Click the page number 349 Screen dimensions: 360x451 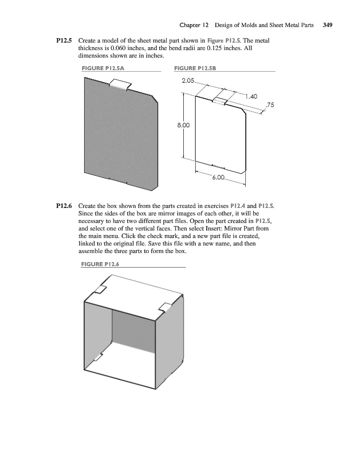[327, 25]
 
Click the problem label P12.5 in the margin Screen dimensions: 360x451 [64, 41]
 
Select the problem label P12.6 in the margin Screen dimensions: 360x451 [64, 206]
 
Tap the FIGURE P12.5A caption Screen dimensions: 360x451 [103, 68]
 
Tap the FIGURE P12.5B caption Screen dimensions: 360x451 [195, 68]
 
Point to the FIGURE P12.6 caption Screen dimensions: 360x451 [100, 264]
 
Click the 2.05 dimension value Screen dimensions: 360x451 [188, 81]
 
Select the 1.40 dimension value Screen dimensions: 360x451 [251, 97]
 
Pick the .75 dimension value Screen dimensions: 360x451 [270, 105]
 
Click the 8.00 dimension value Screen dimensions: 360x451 [183, 125]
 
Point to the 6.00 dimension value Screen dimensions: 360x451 [218, 177]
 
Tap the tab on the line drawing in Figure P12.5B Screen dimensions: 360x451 [220, 101]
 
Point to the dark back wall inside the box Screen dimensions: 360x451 [133, 331]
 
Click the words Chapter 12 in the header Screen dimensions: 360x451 [194, 25]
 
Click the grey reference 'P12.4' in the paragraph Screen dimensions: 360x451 [238, 206]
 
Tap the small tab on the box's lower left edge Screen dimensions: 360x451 [98, 357]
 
